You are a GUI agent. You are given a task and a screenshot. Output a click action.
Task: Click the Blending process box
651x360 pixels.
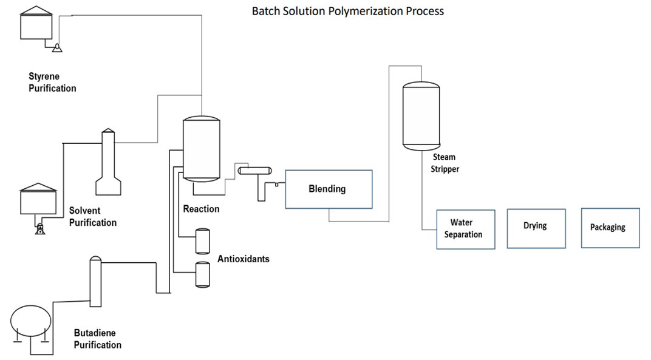(329, 189)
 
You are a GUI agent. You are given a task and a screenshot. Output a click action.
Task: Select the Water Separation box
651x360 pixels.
(466, 229)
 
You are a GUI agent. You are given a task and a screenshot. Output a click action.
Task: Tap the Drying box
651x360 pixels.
(536, 228)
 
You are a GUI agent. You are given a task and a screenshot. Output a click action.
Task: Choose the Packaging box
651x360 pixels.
(610, 228)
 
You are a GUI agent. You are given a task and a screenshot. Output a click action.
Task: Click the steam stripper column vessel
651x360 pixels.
(421, 116)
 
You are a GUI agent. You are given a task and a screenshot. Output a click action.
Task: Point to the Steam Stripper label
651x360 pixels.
(445, 163)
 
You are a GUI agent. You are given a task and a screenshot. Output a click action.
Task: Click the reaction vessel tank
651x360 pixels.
(201, 149)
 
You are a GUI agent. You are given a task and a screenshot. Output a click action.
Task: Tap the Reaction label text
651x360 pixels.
(201, 209)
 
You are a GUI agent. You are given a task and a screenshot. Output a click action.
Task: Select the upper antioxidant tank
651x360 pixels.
(202, 241)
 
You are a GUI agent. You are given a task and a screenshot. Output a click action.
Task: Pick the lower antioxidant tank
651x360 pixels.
(202, 274)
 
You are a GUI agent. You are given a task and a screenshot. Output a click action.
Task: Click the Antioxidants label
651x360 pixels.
(243, 259)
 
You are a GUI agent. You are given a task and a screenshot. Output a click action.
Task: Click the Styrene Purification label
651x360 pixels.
(52, 83)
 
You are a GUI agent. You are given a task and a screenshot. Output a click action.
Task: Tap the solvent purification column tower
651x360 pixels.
(107, 163)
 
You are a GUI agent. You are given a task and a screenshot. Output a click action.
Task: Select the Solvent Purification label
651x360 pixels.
(92, 217)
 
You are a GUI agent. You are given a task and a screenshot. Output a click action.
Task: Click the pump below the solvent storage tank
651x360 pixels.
(40, 229)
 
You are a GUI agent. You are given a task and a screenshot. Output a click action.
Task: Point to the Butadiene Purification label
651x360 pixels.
(97, 339)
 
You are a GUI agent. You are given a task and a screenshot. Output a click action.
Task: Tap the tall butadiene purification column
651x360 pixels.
(95, 282)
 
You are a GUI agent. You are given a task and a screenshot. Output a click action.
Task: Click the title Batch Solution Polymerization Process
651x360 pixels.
(347, 11)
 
